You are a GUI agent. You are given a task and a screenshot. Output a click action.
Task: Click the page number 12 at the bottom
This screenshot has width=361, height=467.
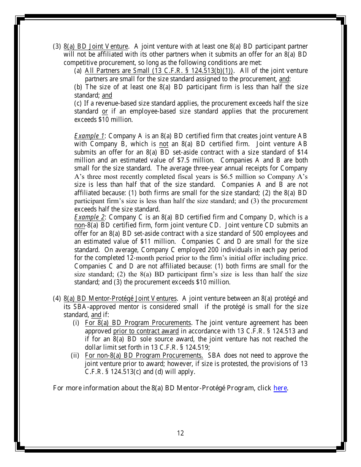(180, 433)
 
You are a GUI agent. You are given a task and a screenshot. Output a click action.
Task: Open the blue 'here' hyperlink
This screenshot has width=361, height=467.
(280, 388)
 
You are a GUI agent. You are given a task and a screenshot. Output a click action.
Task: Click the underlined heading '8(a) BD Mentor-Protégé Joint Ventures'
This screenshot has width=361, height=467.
(120, 298)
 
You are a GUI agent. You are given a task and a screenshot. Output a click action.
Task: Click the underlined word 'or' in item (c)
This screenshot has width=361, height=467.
(105, 111)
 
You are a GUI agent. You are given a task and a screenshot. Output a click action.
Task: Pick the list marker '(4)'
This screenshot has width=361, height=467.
(57, 298)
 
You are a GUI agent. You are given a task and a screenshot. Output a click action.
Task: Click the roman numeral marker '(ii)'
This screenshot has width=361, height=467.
(76, 355)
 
